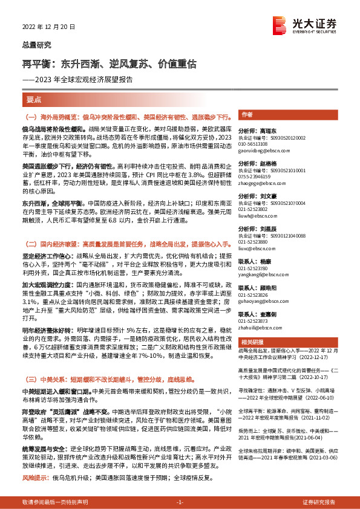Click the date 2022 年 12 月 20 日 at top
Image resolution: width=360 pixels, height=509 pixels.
(x=45, y=26)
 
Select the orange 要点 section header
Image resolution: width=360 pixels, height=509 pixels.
(x=34, y=99)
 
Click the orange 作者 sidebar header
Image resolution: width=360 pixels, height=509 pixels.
(x=247, y=115)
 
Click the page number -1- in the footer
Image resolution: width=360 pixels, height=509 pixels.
(x=180, y=502)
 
